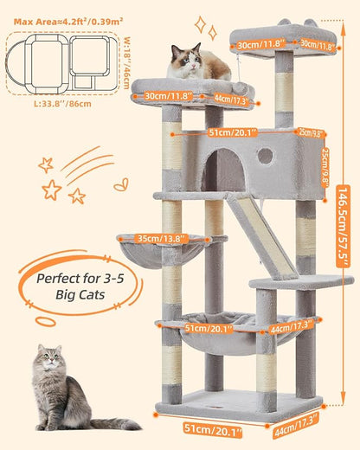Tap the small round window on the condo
266,156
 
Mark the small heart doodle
121,184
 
